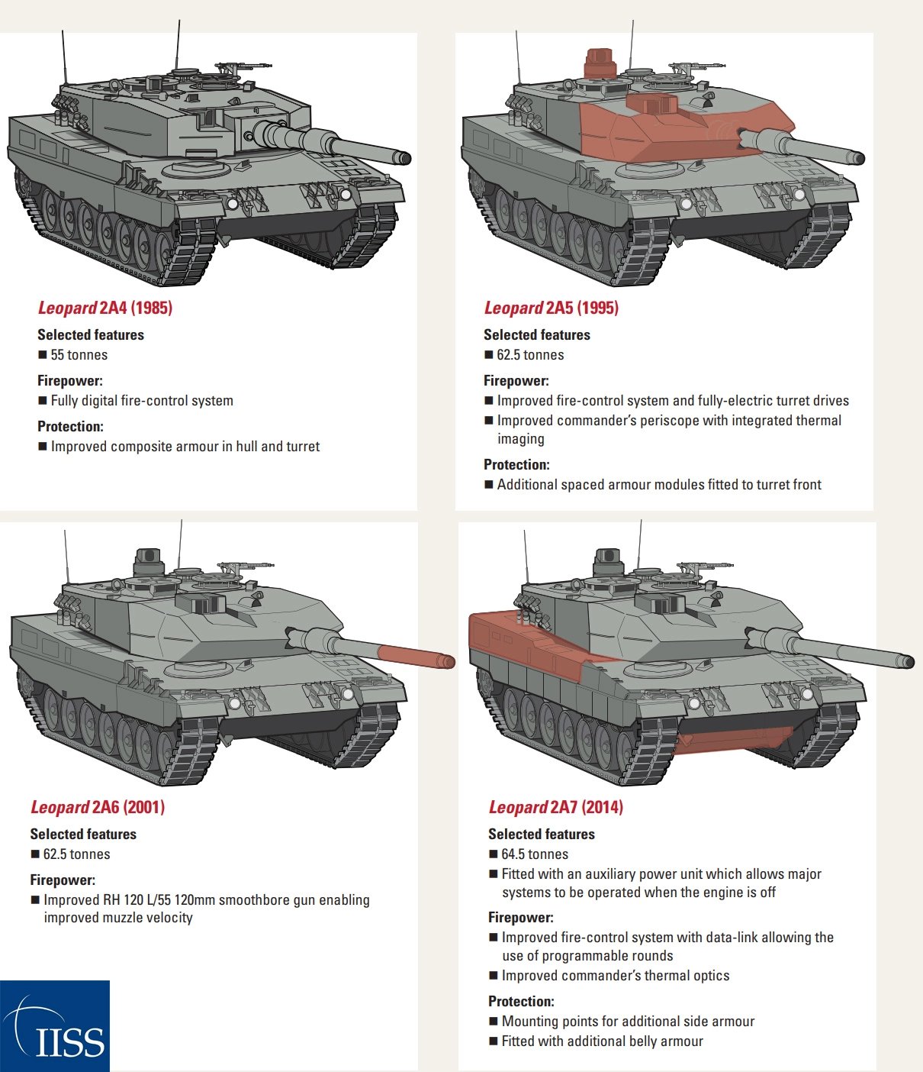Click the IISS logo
[55, 1026]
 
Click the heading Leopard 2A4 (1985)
[105, 308]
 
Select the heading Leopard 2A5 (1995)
[551, 308]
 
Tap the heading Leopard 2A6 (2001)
[98, 807]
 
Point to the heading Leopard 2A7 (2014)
[555, 807]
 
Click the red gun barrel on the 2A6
[416, 656]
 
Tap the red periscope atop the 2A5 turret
[599, 63]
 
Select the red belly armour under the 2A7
[732, 739]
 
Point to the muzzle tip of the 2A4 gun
[404, 158]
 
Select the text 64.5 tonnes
[535, 854]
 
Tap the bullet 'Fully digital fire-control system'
[142, 401]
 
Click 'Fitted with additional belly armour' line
[602, 1041]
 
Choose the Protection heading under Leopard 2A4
[70, 427]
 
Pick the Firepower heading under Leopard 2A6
[63, 880]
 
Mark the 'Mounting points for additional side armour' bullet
[628, 1022]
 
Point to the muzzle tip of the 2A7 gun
[908, 662]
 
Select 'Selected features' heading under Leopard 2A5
[536, 335]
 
